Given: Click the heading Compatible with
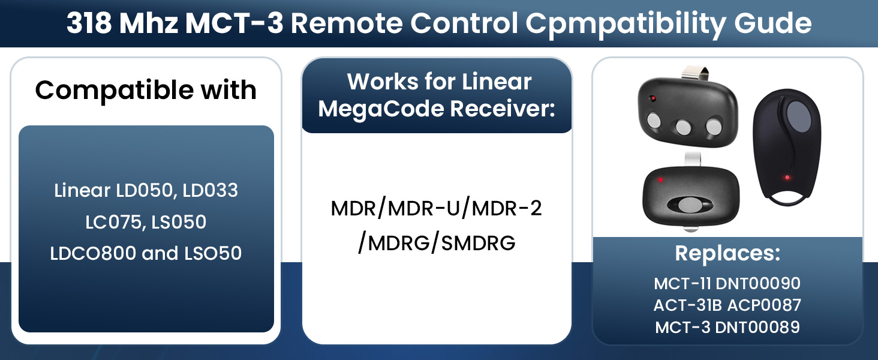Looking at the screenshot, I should tap(146, 91).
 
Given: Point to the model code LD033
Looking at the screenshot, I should tap(211, 191).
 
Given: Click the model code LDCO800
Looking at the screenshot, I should tap(92, 253).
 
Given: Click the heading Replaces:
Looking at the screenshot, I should tap(727, 253).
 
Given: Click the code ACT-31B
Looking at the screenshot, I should tap(687, 305).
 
